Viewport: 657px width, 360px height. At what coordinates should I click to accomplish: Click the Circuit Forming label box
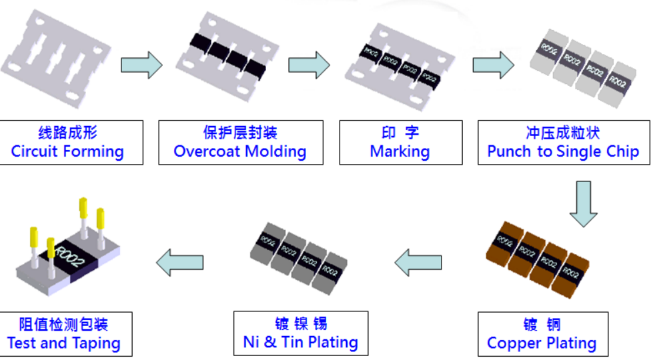(67, 142)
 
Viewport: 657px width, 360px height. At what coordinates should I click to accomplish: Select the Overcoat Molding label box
(240, 142)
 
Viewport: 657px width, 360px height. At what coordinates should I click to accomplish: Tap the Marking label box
(400, 142)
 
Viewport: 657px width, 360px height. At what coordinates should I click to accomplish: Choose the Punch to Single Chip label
(564, 142)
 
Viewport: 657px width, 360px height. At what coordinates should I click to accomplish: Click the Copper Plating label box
(542, 334)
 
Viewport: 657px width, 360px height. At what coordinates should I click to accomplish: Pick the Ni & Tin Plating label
(300, 334)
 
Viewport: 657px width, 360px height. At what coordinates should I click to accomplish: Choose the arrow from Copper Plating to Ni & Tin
(418, 261)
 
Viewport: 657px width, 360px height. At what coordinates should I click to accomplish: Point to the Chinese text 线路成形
(68, 133)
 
